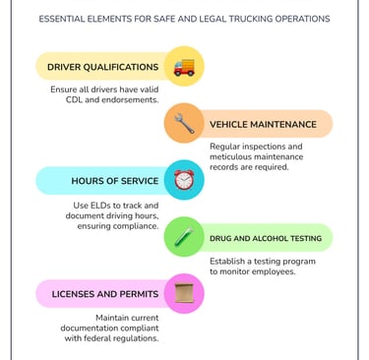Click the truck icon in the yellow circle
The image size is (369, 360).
point(183,67)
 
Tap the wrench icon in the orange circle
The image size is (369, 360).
point(183,124)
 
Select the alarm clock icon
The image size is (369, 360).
point(183,181)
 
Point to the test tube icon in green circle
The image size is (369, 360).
point(183,237)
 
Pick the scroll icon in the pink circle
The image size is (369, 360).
point(183,293)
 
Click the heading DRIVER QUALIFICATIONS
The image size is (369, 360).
point(102,67)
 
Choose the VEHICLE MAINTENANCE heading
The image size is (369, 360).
point(263,124)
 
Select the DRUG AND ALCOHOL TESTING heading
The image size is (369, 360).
point(265,238)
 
